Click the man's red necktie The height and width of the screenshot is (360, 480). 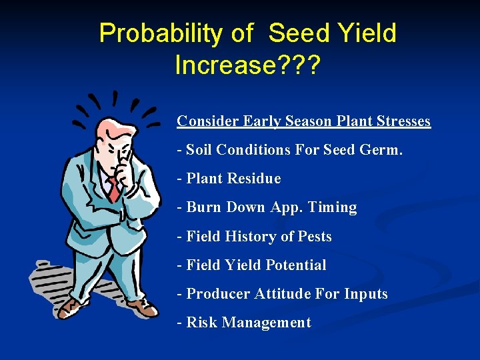tap(115, 188)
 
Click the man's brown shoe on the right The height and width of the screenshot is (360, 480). tap(142, 307)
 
